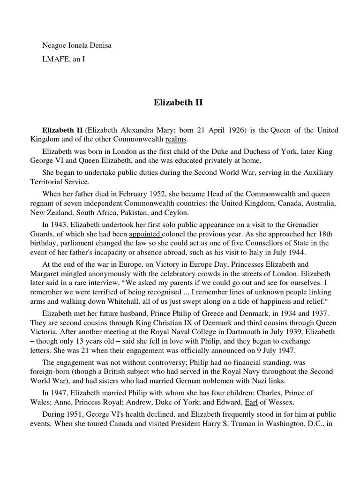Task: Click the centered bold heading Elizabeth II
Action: (178, 102)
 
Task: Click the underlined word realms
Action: (176, 139)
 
